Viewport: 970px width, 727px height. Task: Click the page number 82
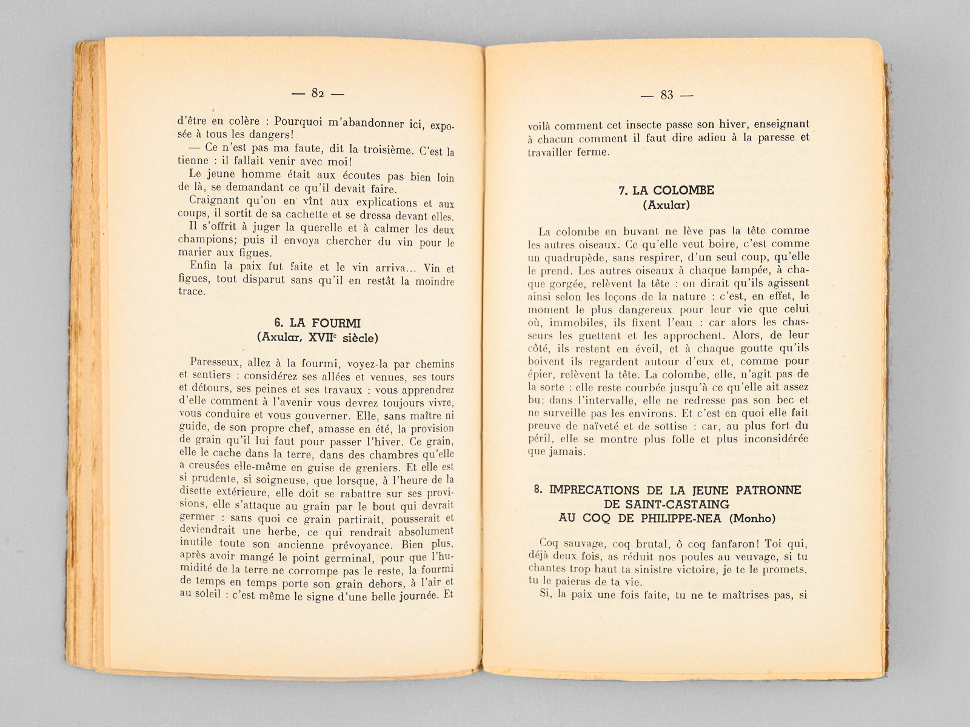point(318,93)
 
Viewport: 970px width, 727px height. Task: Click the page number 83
point(667,95)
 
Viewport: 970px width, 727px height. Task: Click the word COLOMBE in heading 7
point(680,191)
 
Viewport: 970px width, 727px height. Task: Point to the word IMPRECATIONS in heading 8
point(592,490)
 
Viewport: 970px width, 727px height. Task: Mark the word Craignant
point(213,201)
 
